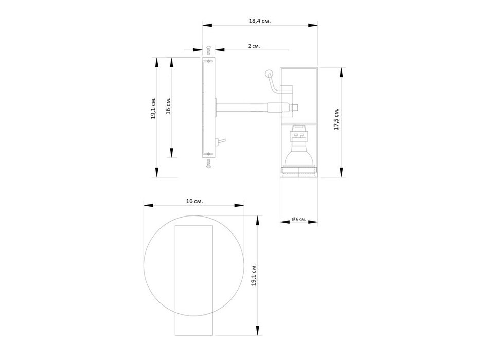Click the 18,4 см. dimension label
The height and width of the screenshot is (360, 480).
point(260,21)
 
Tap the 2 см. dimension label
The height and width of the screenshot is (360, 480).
point(254,46)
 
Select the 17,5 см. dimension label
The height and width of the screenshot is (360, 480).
point(336,119)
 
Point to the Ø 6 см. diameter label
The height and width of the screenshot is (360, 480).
point(299,219)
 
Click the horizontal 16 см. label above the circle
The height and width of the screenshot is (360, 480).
point(194,201)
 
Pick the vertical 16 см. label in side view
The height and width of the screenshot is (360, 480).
point(168,105)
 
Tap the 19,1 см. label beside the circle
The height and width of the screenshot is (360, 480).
point(254,275)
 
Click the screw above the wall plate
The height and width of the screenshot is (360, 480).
point(209,50)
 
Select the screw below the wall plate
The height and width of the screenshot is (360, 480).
point(209,164)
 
